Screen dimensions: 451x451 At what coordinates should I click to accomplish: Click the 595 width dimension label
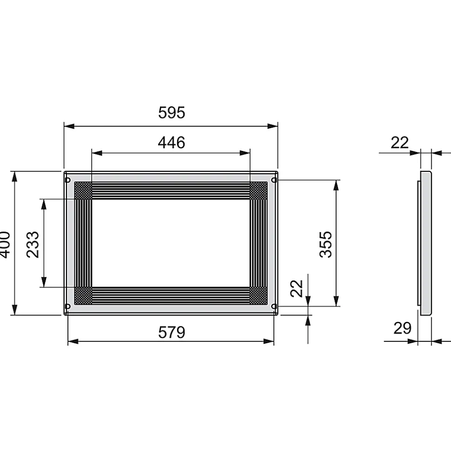tap(172, 112)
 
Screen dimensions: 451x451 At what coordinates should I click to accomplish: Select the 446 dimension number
tap(172, 143)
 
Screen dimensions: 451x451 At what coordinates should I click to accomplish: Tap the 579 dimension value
tap(172, 332)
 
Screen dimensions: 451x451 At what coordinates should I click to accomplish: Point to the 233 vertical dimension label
tap(33, 244)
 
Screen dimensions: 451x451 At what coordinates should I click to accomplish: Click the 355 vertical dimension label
tap(326, 244)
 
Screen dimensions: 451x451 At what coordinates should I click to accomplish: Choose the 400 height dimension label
tap(4, 244)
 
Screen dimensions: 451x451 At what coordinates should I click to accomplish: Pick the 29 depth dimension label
tap(402, 328)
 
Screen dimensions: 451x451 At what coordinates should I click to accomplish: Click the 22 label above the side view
tap(399, 143)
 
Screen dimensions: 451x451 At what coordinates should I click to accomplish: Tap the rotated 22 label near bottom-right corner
tap(297, 288)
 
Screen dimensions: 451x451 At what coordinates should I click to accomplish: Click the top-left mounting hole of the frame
tap(68, 180)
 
